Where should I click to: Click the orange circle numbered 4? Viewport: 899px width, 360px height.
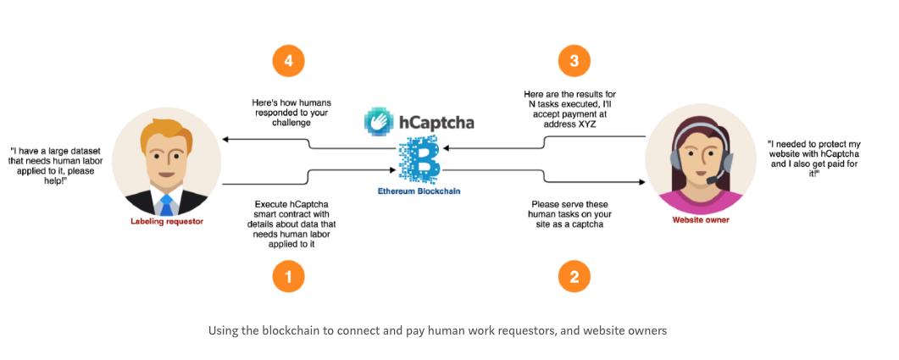coord(288,61)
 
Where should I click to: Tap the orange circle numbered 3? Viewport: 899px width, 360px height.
coord(574,61)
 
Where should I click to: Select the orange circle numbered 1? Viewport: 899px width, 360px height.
coord(288,276)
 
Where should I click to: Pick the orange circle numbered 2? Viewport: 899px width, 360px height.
coord(574,276)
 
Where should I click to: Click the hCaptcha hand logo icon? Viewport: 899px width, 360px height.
coord(379,121)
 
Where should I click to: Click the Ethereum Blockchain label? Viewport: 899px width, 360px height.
coord(419,191)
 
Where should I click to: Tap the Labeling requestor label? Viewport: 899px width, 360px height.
coord(166,222)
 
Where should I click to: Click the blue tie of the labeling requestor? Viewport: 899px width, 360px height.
coord(166,203)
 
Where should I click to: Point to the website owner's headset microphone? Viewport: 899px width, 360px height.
coord(719,176)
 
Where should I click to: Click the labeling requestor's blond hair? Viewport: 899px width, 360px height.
coord(161,127)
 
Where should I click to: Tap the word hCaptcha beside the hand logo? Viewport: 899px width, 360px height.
coord(437,122)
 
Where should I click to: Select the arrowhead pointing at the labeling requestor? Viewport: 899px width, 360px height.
coord(226,138)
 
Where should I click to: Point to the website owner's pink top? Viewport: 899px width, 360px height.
coord(700,203)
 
